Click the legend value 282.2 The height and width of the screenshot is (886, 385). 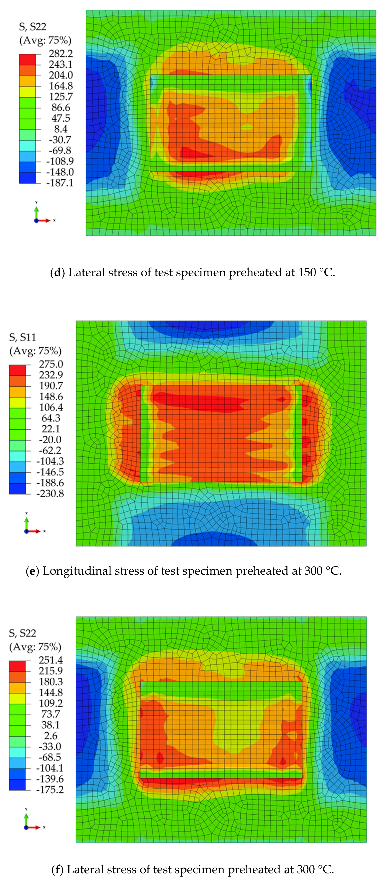[x=61, y=54]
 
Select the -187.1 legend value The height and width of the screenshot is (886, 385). [x=60, y=183]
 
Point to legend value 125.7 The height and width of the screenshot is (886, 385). [x=61, y=97]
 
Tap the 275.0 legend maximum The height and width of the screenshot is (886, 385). [x=51, y=364]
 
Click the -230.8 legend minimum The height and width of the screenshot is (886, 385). [x=50, y=494]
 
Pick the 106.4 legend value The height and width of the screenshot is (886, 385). [x=51, y=407]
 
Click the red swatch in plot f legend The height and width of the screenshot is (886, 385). [x=17, y=666]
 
